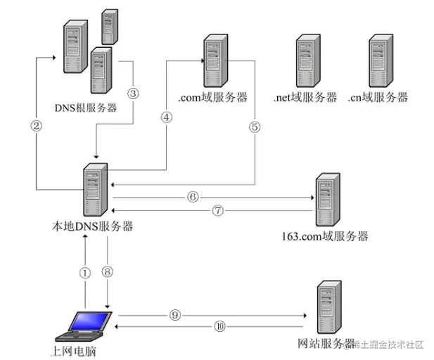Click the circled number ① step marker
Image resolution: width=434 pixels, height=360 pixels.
(x=85, y=273)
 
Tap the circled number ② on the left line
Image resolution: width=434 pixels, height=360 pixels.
(x=37, y=126)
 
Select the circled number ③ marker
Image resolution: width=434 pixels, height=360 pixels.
(x=133, y=94)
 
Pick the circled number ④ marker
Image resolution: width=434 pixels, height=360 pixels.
(x=166, y=117)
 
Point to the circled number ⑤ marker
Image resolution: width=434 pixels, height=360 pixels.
(x=255, y=127)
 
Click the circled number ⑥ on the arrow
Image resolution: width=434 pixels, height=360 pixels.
(x=193, y=197)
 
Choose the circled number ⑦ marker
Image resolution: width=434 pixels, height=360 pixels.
(x=218, y=210)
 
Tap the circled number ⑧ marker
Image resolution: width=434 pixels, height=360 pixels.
(x=108, y=271)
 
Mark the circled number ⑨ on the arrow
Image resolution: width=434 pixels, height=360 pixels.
(x=175, y=315)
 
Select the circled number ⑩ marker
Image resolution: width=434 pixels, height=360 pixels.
(x=219, y=327)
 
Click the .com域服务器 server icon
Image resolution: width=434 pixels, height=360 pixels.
(x=216, y=60)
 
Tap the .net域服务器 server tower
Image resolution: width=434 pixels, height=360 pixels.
(x=308, y=60)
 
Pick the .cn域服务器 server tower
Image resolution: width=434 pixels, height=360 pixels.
(x=381, y=60)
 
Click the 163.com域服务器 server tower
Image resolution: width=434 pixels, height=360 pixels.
(x=328, y=200)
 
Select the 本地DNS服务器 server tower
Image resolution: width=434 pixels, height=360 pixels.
(x=96, y=190)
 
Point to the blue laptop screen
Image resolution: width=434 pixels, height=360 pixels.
(x=89, y=321)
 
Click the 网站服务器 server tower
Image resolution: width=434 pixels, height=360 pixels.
(x=329, y=307)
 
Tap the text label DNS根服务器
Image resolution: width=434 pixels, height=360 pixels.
(x=86, y=108)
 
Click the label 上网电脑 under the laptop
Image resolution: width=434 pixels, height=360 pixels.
(x=74, y=352)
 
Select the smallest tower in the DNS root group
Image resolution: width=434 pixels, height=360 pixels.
(x=110, y=27)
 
